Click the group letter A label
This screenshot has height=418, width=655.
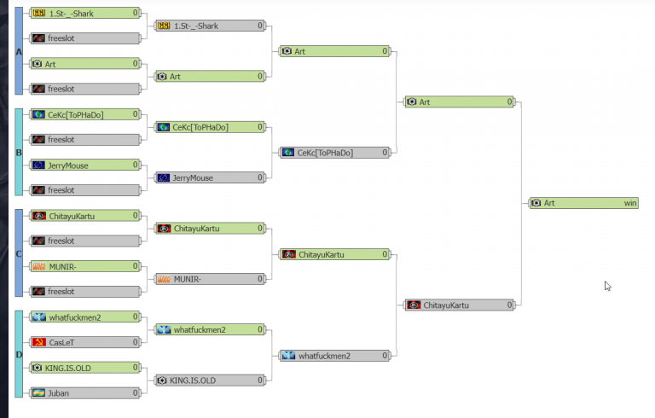[19, 52]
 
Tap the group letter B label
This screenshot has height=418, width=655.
[19, 154]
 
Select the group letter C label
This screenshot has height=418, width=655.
[19, 254]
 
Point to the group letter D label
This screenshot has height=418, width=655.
[19, 356]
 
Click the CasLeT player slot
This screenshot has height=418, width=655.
[85, 342]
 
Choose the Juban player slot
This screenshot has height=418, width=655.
[85, 393]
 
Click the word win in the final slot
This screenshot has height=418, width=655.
[630, 203]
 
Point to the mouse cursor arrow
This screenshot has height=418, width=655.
[607, 285]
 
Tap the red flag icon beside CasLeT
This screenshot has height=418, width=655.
[38, 342]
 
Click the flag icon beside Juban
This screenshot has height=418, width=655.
[38, 393]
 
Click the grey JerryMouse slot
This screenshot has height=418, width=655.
[210, 178]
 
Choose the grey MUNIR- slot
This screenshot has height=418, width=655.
[210, 279]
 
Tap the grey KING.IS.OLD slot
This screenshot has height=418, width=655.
[210, 380]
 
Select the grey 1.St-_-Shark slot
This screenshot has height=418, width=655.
[210, 26]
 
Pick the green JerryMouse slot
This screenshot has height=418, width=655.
[85, 165]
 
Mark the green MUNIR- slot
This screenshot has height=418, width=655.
[85, 266]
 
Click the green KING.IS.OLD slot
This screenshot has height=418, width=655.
[85, 368]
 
